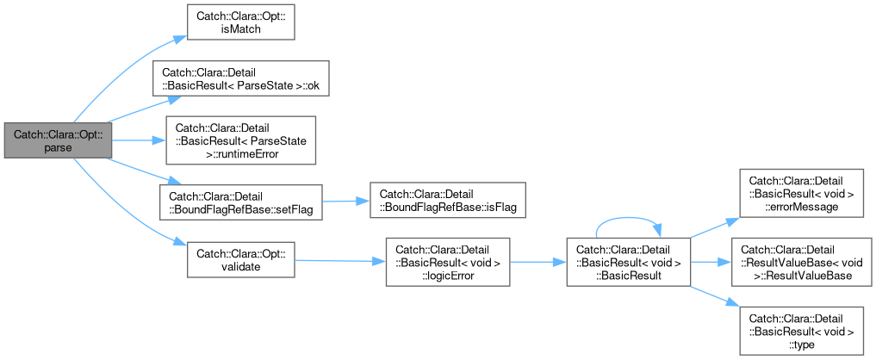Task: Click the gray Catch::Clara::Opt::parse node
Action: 58,140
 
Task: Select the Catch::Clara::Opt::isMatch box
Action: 240,22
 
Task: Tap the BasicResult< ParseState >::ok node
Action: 240,78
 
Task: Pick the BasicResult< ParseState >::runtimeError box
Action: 240,140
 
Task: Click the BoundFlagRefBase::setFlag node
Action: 241,202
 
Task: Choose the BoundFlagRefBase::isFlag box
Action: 448,200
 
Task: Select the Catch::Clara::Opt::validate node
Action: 240,259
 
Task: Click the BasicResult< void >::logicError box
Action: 448,262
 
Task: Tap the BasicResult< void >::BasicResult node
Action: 629,262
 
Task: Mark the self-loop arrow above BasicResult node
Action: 629,217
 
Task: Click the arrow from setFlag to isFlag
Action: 346,202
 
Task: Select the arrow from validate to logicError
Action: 340,260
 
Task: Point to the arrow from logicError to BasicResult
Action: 538,262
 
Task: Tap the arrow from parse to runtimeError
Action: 139,140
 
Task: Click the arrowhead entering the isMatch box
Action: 179,39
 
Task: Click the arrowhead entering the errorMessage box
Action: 732,221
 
